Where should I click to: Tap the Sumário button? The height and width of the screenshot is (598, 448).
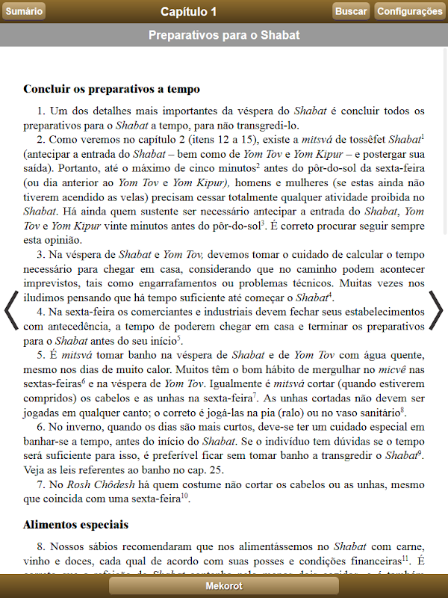coord(24,11)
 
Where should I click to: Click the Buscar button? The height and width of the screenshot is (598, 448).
coord(351,11)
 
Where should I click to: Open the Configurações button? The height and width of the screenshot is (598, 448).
coord(409,11)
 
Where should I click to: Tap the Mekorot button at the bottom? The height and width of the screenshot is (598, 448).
coord(224,586)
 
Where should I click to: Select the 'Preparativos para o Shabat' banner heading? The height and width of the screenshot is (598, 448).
coord(224,35)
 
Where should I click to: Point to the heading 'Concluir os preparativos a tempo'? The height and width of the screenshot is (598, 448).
coord(111,89)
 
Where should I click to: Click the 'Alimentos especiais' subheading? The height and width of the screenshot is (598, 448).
coord(75,525)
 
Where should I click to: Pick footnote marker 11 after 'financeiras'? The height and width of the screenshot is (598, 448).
coord(405,558)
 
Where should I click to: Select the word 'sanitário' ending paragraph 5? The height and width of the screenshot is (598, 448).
coord(379,412)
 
